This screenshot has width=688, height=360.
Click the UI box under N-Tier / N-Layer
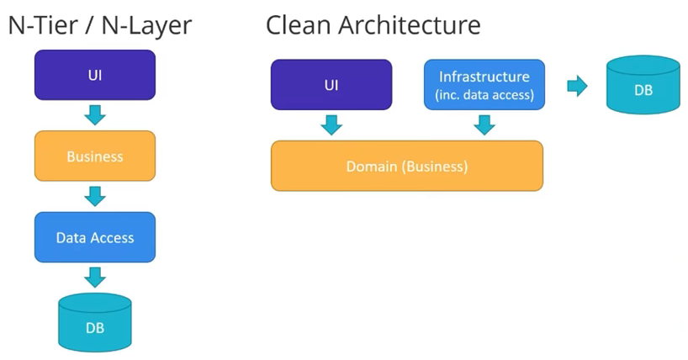[x=95, y=75]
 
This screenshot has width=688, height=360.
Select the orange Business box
[x=95, y=156]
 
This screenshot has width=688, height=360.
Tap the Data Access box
[x=95, y=237]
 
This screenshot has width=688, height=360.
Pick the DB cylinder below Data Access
[x=95, y=322]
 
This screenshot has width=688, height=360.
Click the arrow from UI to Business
[x=95, y=115]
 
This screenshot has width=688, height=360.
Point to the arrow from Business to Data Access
[x=95, y=196]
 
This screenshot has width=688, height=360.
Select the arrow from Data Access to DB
[x=95, y=278]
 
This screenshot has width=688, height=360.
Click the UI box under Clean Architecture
[x=331, y=85]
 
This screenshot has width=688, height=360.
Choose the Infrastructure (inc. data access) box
[x=484, y=85]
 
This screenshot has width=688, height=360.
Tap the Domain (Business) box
[x=407, y=166]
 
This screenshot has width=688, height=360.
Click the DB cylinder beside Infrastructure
[x=643, y=85]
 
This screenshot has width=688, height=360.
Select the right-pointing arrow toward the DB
[x=577, y=86]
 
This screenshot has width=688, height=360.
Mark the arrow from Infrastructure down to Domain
[x=484, y=125]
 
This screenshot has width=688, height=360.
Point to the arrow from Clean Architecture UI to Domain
[x=331, y=125]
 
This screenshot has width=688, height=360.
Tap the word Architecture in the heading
[x=410, y=25]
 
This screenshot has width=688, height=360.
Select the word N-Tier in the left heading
[x=43, y=25]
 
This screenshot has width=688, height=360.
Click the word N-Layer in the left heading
[x=146, y=26]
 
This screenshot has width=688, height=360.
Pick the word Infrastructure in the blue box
[x=484, y=77]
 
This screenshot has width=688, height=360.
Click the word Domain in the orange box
[x=371, y=167]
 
